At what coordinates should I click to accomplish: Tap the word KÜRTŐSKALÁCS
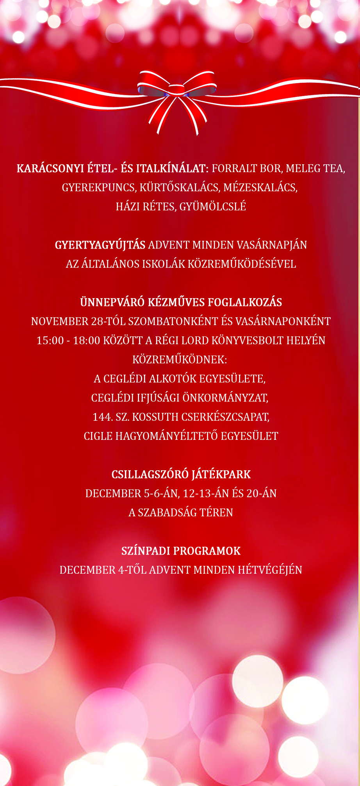click(x=181, y=188)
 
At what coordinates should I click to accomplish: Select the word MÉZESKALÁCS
click(x=260, y=188)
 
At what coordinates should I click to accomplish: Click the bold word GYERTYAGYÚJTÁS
click(x=100, y=245)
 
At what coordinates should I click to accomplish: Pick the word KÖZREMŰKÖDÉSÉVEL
click(x=242, y=264)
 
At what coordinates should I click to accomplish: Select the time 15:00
click(x=50, y=341)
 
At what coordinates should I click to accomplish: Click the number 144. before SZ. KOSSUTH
click(x=103, y=417)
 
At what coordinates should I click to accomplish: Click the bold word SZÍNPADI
click(x=145, y=551)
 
